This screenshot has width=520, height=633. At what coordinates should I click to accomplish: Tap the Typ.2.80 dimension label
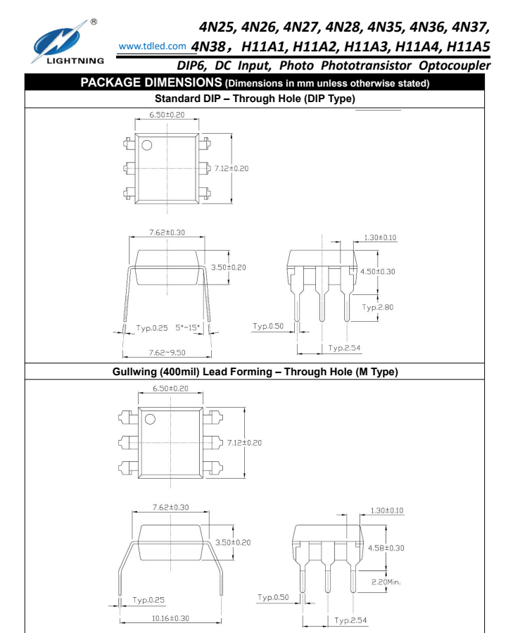[379, 307]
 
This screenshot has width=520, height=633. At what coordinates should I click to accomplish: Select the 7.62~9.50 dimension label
[167, 352]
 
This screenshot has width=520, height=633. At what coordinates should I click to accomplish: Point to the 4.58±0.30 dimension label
[386, 547]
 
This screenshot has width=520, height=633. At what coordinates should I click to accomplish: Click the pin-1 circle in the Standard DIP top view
[147, 146]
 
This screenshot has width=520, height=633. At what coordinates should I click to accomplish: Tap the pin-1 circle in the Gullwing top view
[150, 419]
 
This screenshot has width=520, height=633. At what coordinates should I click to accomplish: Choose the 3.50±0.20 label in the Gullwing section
[233, 542]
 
